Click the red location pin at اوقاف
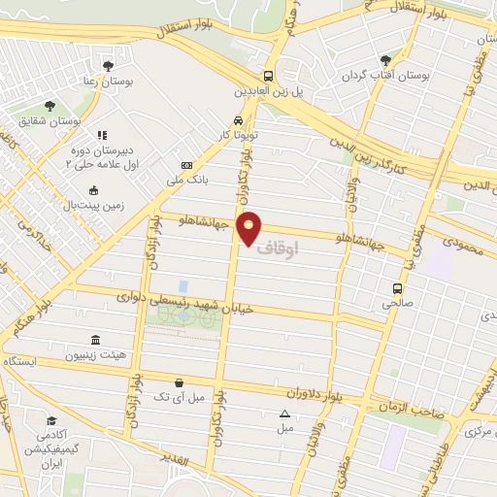[250, 226]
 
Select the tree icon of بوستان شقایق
[50, 107]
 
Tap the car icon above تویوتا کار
[224, 121]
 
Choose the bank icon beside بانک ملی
[187, 166]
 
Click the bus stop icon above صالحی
[397, 287]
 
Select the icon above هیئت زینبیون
[95, 340]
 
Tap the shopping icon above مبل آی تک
[178, 382]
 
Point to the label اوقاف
[279, 248]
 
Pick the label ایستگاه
[19, 360]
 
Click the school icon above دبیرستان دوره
[101, 136]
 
